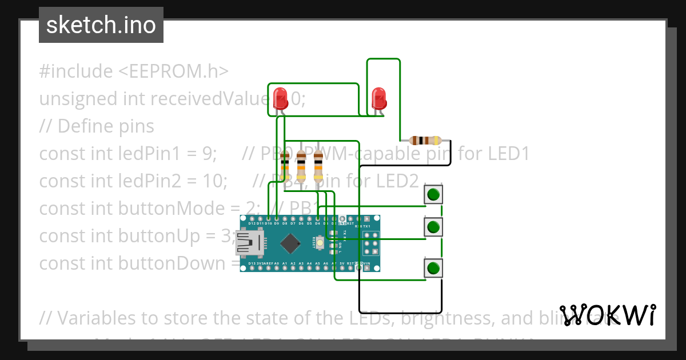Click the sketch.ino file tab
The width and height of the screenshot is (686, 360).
click(x=101, y=25)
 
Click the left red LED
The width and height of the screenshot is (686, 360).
click(x=280, y=98)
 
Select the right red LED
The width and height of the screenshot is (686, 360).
click(x=379, y=98)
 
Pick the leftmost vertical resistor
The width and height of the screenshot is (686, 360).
click(x=285, y=168)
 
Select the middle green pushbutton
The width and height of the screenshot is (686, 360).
click(x=433, y=227)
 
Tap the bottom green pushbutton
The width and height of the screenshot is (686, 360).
click(x=433, y=267)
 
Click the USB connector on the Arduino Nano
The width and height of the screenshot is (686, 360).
click(x=247, y=244)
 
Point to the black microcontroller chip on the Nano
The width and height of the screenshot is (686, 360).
click(x=290, y=244)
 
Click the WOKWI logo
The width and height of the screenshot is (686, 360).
click(x=608, y=315)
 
